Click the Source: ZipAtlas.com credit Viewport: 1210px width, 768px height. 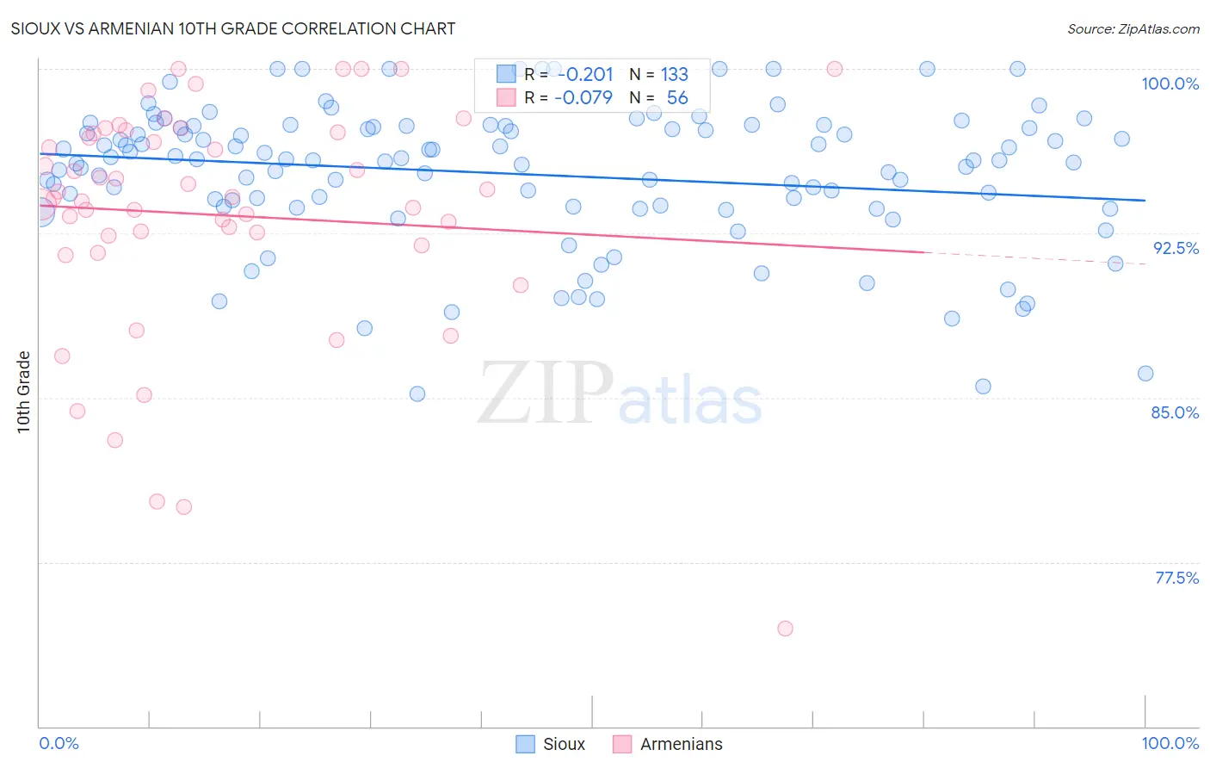click(x=1133, y=29)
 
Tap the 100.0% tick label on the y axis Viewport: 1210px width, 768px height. click(x=1170, y=84)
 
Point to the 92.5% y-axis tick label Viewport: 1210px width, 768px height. click(x=1176, y=248)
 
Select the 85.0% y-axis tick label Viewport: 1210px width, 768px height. click(x=1175, y=412)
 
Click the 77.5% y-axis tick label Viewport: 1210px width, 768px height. click(x=1176, y=578)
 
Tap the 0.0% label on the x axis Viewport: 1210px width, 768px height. click(x=59, y=743)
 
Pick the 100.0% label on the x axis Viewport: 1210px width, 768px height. click(x=1170, y=743)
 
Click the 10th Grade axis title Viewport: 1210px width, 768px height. click(x=23, y=392)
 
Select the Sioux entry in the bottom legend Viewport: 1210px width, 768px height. click(x=564, y=744)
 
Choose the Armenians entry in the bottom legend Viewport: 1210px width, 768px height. click(x=681, y=744)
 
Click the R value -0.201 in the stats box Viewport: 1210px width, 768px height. click(x=585, y=75)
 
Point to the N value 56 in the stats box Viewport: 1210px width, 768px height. click(x=677, y=98)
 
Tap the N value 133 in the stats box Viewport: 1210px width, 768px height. click(x=674, y=75)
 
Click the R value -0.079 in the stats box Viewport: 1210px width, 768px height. click(x=583, y=98)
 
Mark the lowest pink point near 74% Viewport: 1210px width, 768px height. click(x=785, y=629)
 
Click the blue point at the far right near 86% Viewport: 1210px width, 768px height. click(x=1145, y=374)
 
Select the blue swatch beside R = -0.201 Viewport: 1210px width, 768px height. click(x=506, y=74)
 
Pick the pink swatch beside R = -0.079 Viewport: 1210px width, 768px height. click(x=506, y=97)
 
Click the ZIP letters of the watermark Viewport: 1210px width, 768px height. click(x=546, y=393)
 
